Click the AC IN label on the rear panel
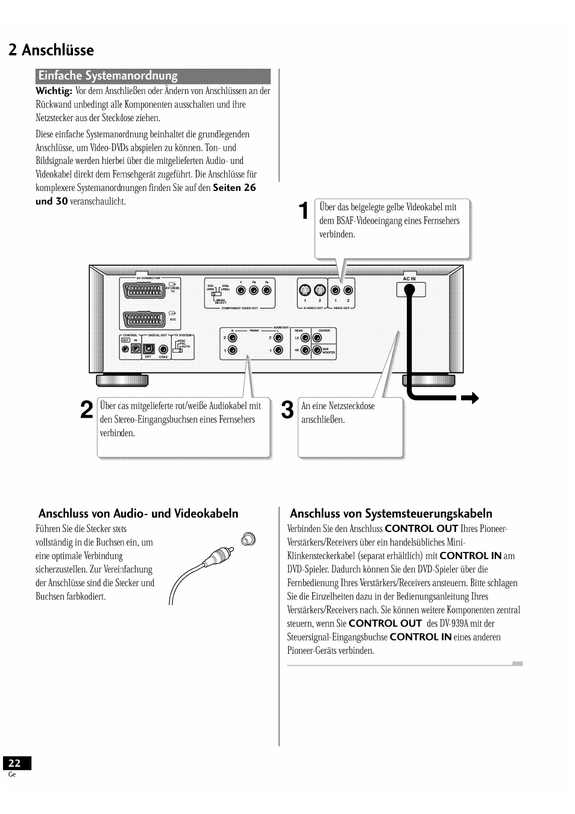click(x=409, y=279)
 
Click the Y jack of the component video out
click(x=241, y=290)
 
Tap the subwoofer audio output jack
click(x=316, y=350)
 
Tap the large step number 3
click(x=288, y=410)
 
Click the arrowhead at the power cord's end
click(x=471, y=398)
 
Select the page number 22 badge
click(x=14, y=763)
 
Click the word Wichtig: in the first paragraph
click(x=54, y=91)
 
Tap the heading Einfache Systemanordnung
click(x=108, y=76)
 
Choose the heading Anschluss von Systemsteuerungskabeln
click(x=391, y=513)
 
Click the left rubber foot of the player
click(x=122, y=379)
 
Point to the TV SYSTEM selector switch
click(x=177, y=347)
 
